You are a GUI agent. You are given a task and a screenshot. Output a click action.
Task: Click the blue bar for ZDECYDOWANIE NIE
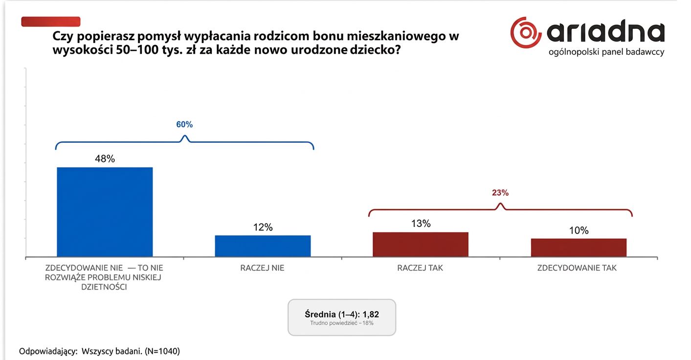tap(105, 212)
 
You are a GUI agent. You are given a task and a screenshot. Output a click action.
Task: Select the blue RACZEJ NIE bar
tap(263, 246)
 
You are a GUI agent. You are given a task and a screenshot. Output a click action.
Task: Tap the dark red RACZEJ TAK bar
tap(421, 244)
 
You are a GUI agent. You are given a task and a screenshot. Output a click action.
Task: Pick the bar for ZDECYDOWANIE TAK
tap(579, 247)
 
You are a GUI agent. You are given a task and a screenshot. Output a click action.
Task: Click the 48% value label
tap(105, 159)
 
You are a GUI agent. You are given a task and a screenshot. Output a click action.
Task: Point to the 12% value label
tap(263, 227)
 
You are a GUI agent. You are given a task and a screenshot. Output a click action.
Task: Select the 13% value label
tap(421, 224)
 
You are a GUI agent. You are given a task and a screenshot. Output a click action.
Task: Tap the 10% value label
tap(579, 230)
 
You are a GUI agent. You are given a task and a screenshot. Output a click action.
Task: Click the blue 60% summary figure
tap(184, 124)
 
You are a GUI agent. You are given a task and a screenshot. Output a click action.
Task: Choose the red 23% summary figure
tap(500, 193)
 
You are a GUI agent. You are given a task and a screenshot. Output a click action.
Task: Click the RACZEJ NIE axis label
tap(262, 268)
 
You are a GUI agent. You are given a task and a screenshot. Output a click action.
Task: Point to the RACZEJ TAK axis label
tap(420, 268)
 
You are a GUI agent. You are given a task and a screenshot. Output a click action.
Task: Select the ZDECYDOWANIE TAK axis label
tap(577, 268)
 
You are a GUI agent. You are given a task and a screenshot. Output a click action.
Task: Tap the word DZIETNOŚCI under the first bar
tap(104, 287)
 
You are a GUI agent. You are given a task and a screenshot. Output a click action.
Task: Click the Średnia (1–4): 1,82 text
tap(342, 315)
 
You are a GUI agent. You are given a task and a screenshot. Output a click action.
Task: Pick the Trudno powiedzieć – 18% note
tap(342, 323)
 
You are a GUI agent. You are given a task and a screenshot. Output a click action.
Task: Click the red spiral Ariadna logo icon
tap(526, 32)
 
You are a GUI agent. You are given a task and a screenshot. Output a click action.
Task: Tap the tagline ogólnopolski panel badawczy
tap(606, 52)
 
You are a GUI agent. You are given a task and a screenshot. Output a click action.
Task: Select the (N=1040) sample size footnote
tap(162, 351)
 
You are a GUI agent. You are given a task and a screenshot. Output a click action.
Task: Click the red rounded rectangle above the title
tap(51, 22)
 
